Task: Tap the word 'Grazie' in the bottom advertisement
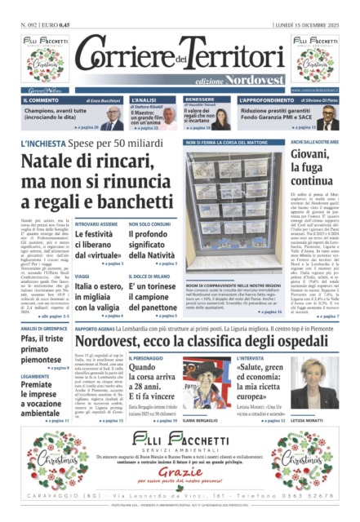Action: (x=179, y=471)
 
